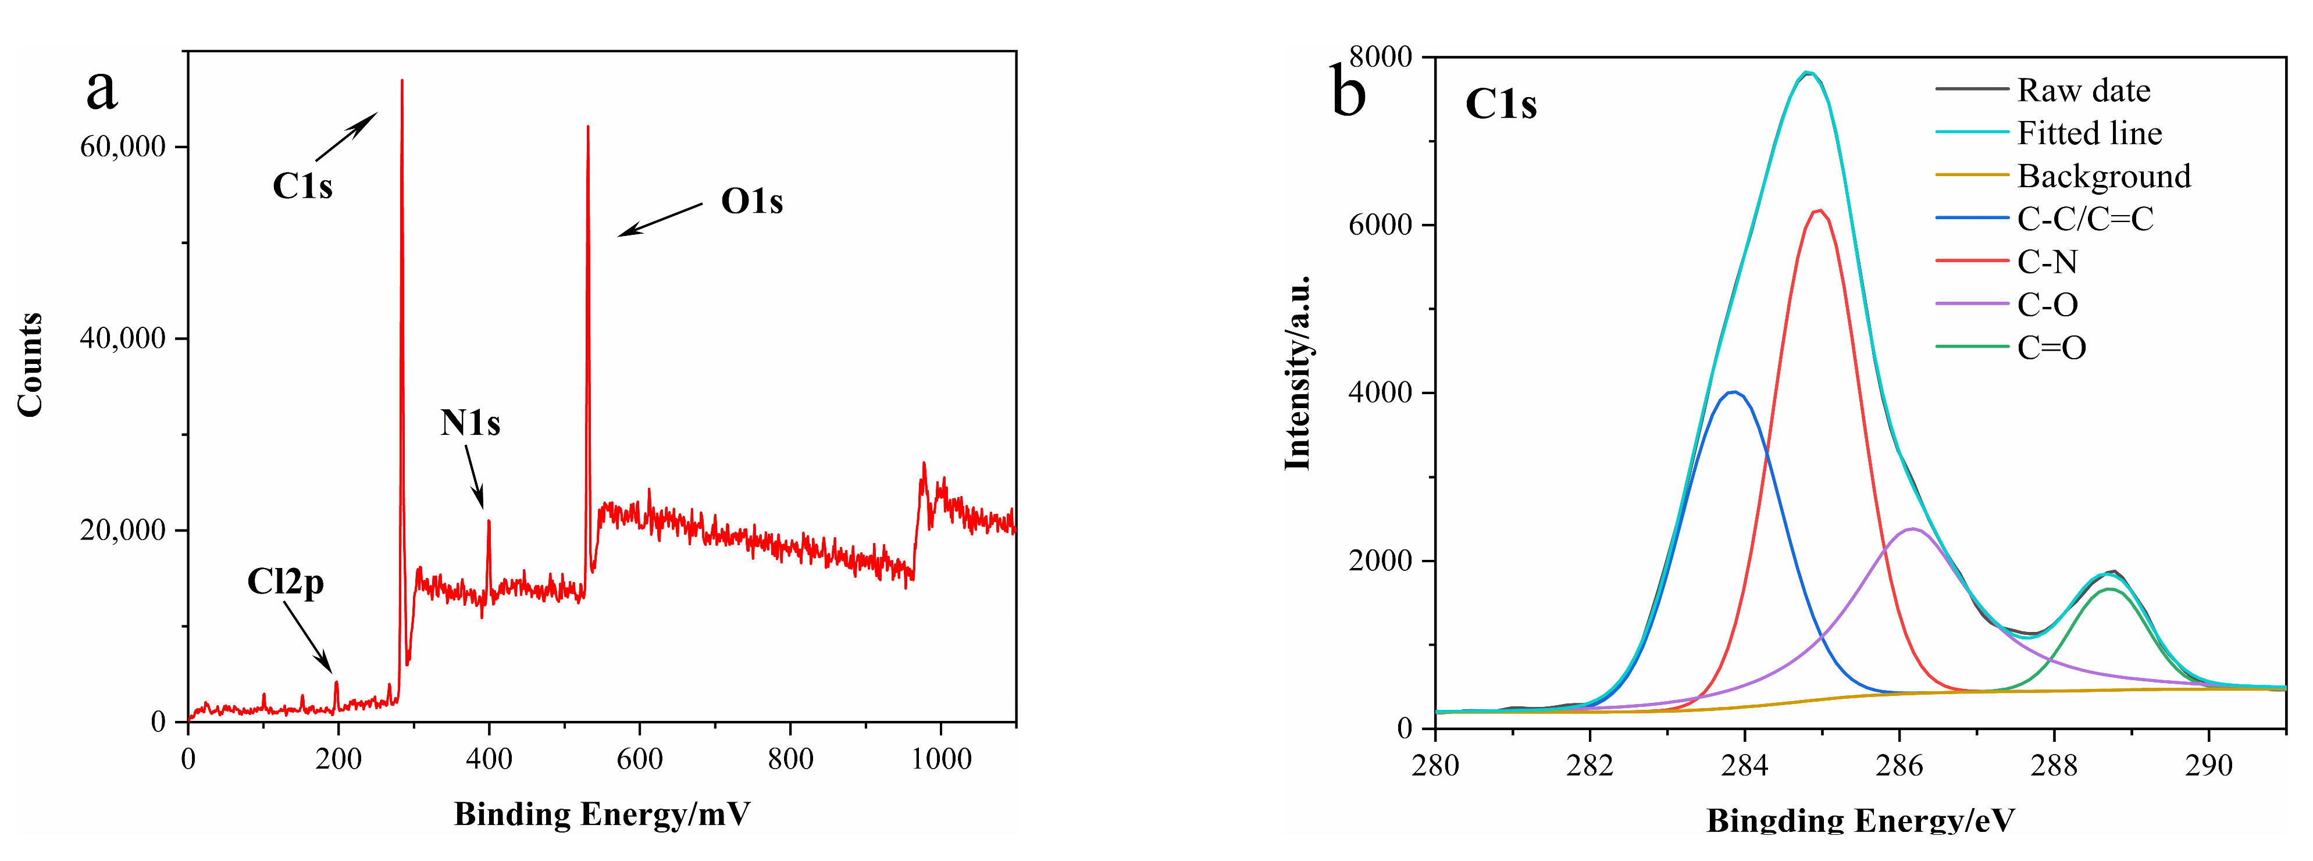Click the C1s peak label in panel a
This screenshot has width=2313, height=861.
302,187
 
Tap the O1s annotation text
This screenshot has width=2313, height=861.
751,202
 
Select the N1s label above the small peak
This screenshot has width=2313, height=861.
469,423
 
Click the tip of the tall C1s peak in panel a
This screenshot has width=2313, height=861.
401,81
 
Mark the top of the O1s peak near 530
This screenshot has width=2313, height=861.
587,127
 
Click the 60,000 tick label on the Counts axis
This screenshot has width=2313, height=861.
123,147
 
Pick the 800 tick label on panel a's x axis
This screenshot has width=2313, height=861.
790,759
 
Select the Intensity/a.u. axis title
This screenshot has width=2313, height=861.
1298,373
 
